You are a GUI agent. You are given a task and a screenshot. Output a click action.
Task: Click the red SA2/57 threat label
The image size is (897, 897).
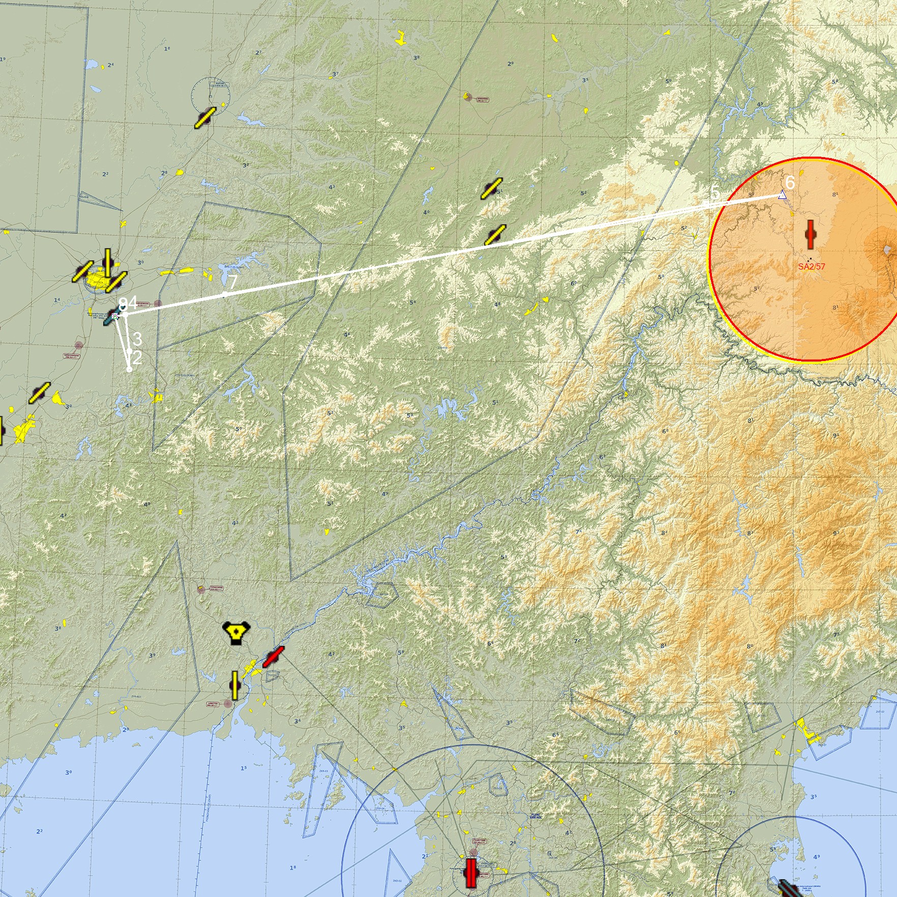[x=811, y=266]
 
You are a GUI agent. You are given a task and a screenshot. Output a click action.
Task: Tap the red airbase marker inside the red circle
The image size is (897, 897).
[x=811, y=234]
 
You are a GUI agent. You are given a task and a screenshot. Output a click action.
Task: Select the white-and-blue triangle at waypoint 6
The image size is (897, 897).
[x=783, y=195]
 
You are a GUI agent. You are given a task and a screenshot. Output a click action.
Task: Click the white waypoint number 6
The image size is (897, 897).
[x=790, y=182]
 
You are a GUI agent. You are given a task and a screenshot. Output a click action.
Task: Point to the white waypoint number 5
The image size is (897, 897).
[x=715, y=193]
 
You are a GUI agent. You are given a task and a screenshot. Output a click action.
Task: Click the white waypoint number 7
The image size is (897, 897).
[x=232, y=282]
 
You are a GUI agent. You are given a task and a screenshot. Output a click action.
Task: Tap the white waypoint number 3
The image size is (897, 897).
[x=137, y=339]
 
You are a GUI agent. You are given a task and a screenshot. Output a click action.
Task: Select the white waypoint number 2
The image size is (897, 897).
[x=136, y=357]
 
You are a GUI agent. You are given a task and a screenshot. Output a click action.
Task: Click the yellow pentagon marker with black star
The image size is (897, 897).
[x=236, y=633]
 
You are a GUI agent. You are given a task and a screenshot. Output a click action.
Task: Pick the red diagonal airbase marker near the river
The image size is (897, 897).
[x=273, y=657]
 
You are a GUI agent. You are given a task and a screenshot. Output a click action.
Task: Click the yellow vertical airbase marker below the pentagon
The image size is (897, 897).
[x=235, y=685]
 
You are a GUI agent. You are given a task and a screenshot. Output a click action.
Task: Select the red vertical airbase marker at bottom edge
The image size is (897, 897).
[x=470, y=873]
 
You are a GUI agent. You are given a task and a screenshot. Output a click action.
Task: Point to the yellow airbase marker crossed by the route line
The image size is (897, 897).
[x=495, y=235]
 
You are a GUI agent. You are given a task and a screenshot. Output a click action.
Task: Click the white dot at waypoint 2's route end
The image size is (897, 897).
[x=129, y=369]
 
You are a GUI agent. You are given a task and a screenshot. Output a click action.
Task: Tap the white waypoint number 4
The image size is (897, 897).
[x=132, y=303]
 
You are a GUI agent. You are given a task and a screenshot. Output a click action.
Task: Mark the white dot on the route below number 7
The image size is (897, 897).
[x=224, y=295]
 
